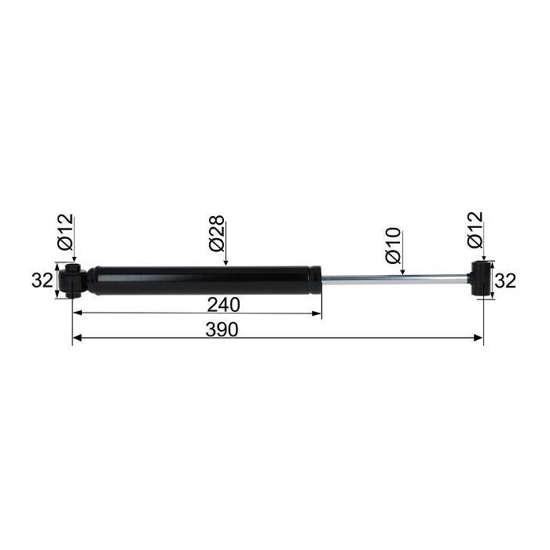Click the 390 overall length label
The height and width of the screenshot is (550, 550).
tap(222, 330)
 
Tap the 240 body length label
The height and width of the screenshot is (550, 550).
tap(223, 305)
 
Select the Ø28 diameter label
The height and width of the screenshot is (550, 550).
tap(216, 233)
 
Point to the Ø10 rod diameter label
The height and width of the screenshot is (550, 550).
tap(393, 245)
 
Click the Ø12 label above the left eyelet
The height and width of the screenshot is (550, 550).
tap(65, 232)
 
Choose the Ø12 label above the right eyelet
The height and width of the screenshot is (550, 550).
tap(475, 229)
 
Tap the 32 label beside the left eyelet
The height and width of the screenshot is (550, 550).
tap(42, 280)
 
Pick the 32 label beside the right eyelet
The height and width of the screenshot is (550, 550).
tap(505, 281)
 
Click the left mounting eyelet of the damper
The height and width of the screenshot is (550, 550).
tap(72, 281)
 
